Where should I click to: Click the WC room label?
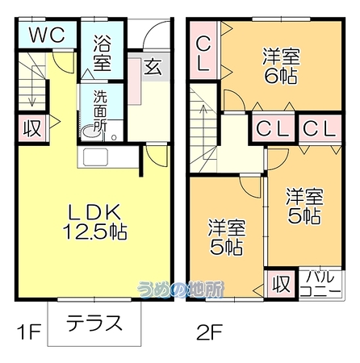47,35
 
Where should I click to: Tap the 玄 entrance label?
153,67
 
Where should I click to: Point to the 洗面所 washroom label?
101,111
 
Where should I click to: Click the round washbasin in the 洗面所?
91,133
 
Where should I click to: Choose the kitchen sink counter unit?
108,157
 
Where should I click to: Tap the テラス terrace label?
94,323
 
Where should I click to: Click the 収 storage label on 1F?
32,128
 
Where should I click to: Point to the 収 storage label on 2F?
282,284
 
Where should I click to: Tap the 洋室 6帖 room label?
281,66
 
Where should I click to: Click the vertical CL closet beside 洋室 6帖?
203,50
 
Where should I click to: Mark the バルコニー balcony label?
320,284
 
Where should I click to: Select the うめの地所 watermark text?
181,290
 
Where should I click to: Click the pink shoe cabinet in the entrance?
134,81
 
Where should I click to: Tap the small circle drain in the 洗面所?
114,137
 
